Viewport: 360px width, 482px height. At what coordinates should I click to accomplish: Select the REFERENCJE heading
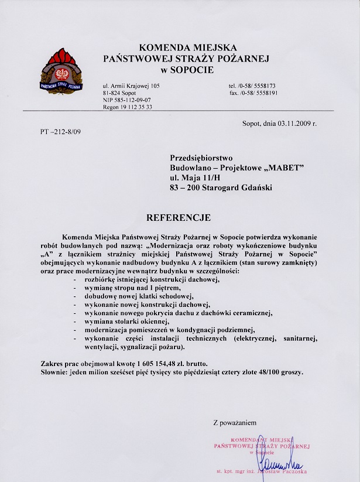pyautogui.click(x=179, y=218)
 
